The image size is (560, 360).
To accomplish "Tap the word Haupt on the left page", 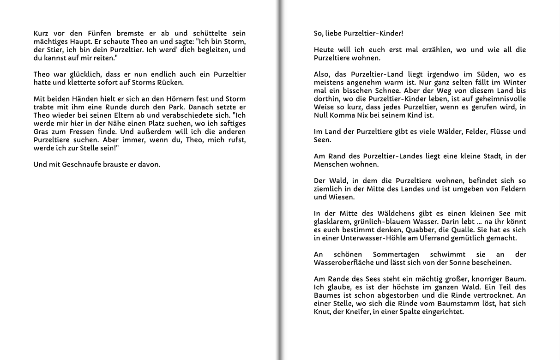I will click(x=79, y=42).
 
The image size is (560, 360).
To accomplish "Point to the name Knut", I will click(x=322, y=312).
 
